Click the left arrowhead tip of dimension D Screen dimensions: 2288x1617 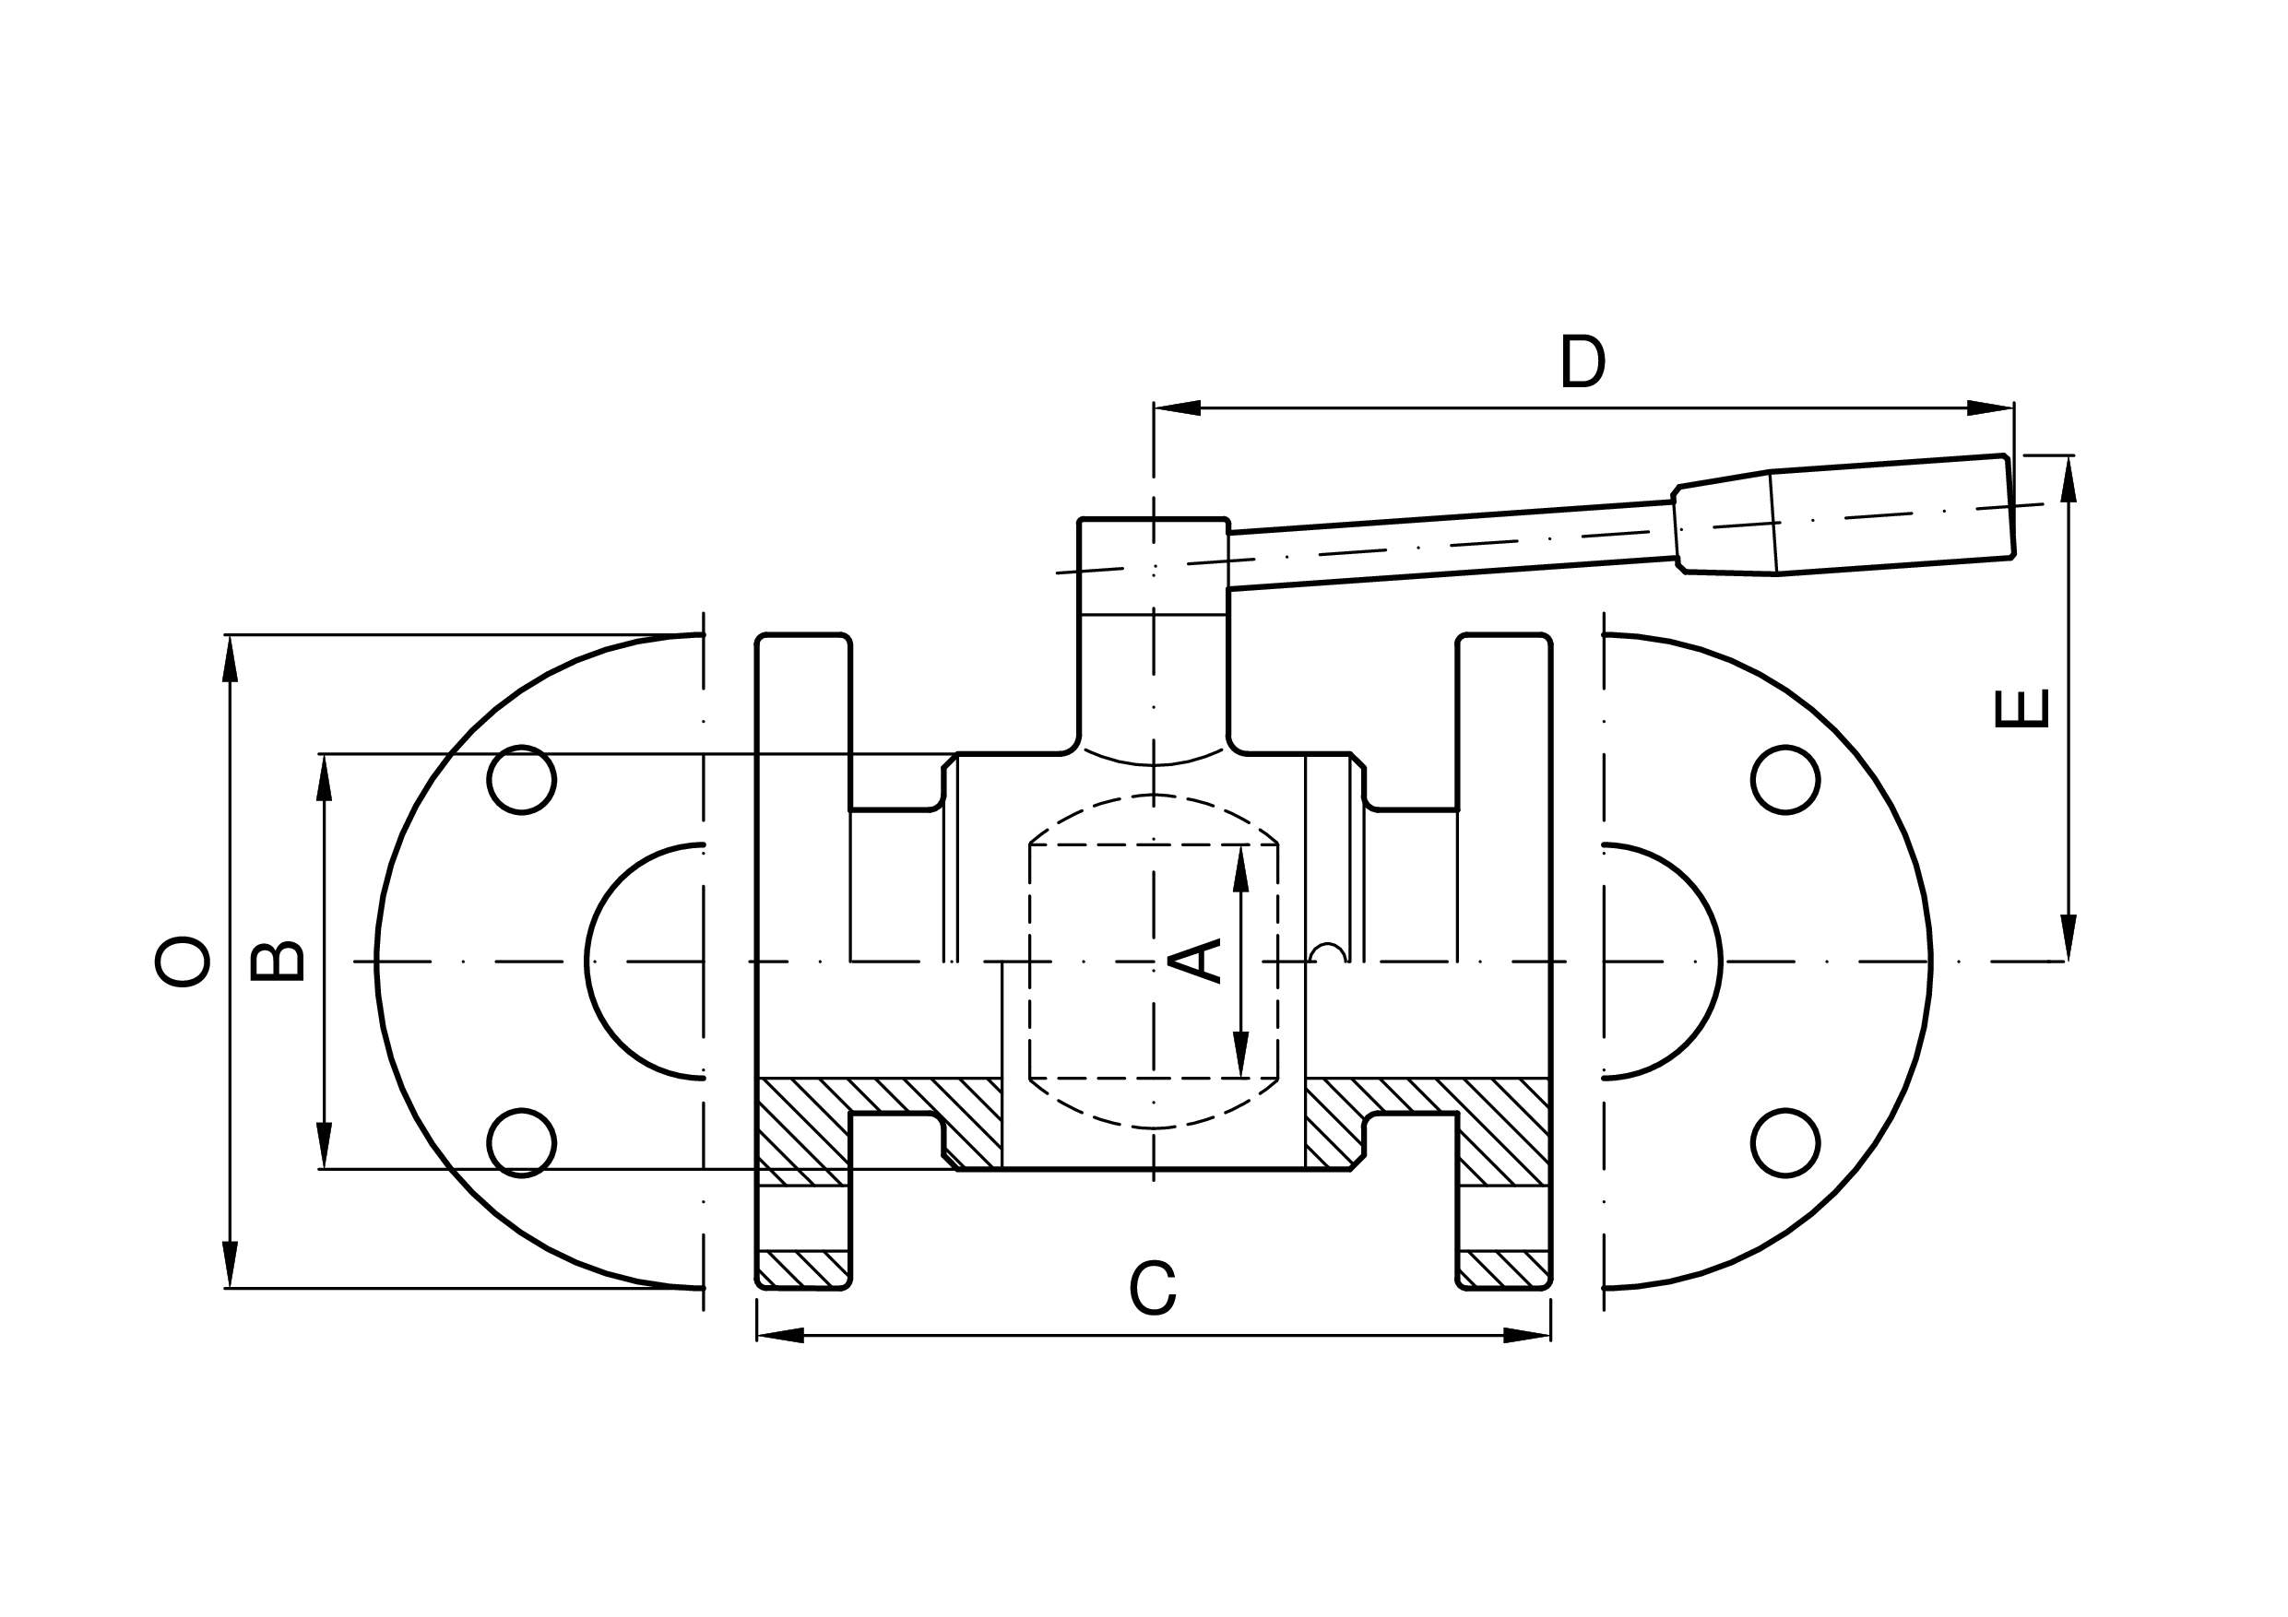(1154, 407)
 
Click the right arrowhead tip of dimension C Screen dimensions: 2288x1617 (1550, 1335)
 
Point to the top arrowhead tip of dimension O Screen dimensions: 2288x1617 (231, 634)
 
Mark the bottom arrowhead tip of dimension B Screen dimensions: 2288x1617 (324, 1169)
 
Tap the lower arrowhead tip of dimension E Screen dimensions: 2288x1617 (2069, 961)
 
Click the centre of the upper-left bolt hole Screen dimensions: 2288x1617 (521, 779)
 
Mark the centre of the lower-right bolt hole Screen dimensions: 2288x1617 (1785, 1143)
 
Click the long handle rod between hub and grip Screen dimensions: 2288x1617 (1451, 545)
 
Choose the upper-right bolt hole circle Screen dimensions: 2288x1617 (1785, 746)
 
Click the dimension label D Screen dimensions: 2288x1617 (1583, 360)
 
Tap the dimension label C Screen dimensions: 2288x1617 (1154, 1287)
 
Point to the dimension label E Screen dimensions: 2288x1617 (2021, 708)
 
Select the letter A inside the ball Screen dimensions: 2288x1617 (1195, 961)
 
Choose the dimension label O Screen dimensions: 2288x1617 (183, 961)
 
